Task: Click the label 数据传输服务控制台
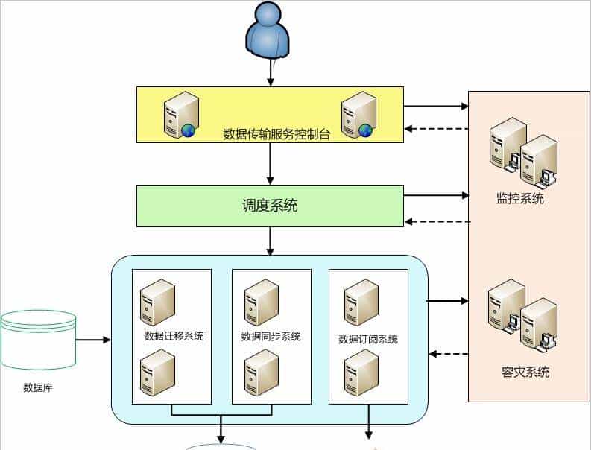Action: pos(276,134)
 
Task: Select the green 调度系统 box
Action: pos(269,206)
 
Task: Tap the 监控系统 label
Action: pos(520,199)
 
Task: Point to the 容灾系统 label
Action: pos(525,371)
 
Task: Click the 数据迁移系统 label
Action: pos(174,335)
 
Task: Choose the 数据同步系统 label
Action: pos(271,336)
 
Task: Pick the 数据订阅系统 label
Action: pos(368,339)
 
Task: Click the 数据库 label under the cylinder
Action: pos(38,387)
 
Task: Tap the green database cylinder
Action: pos(38,340)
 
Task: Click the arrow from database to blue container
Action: pos(93,340)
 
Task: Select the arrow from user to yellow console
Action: pos(271,72)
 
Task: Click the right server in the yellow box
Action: pos(358,114)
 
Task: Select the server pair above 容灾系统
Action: pos(523,314)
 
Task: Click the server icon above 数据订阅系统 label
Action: pos(361,302)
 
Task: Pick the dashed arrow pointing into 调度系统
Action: pos(437,221)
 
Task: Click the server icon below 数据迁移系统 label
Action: pos(158,373)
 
